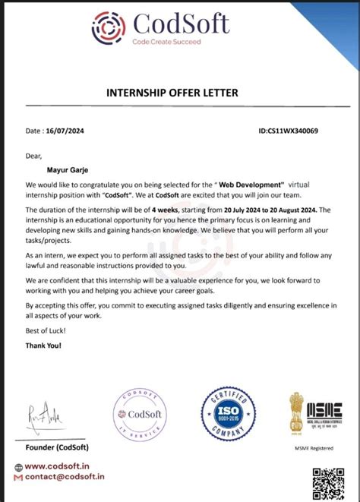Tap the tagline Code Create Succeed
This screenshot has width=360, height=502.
[x=166, y=42]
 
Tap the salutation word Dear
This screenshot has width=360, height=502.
[x=34, y=156]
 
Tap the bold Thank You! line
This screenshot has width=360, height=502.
[x=43, y=345]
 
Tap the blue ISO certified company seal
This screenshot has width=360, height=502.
[x=229, y=416]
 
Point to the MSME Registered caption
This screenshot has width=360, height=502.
[x=313, y=448]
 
